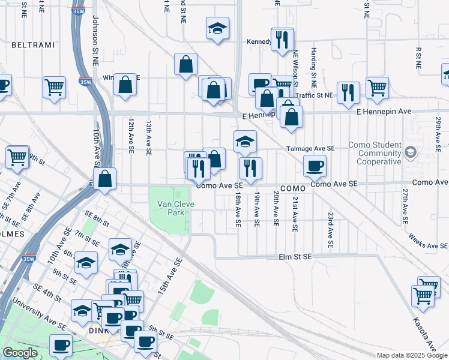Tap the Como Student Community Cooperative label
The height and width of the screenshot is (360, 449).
371,153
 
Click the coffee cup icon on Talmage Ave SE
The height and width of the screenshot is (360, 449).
314,166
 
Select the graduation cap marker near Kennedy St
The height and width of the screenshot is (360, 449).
217,28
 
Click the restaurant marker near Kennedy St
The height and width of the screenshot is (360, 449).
282,40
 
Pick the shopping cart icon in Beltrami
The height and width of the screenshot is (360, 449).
54,88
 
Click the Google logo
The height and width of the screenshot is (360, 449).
20,353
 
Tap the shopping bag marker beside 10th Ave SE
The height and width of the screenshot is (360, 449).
104,178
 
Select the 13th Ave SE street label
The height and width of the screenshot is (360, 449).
148,136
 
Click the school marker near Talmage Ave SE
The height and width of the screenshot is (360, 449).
245,142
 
